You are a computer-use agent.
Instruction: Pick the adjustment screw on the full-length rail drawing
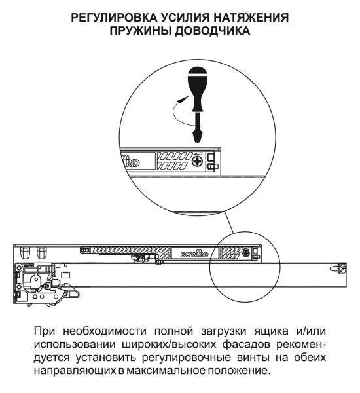[245, 252]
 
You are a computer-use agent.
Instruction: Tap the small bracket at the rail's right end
[339, 267]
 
